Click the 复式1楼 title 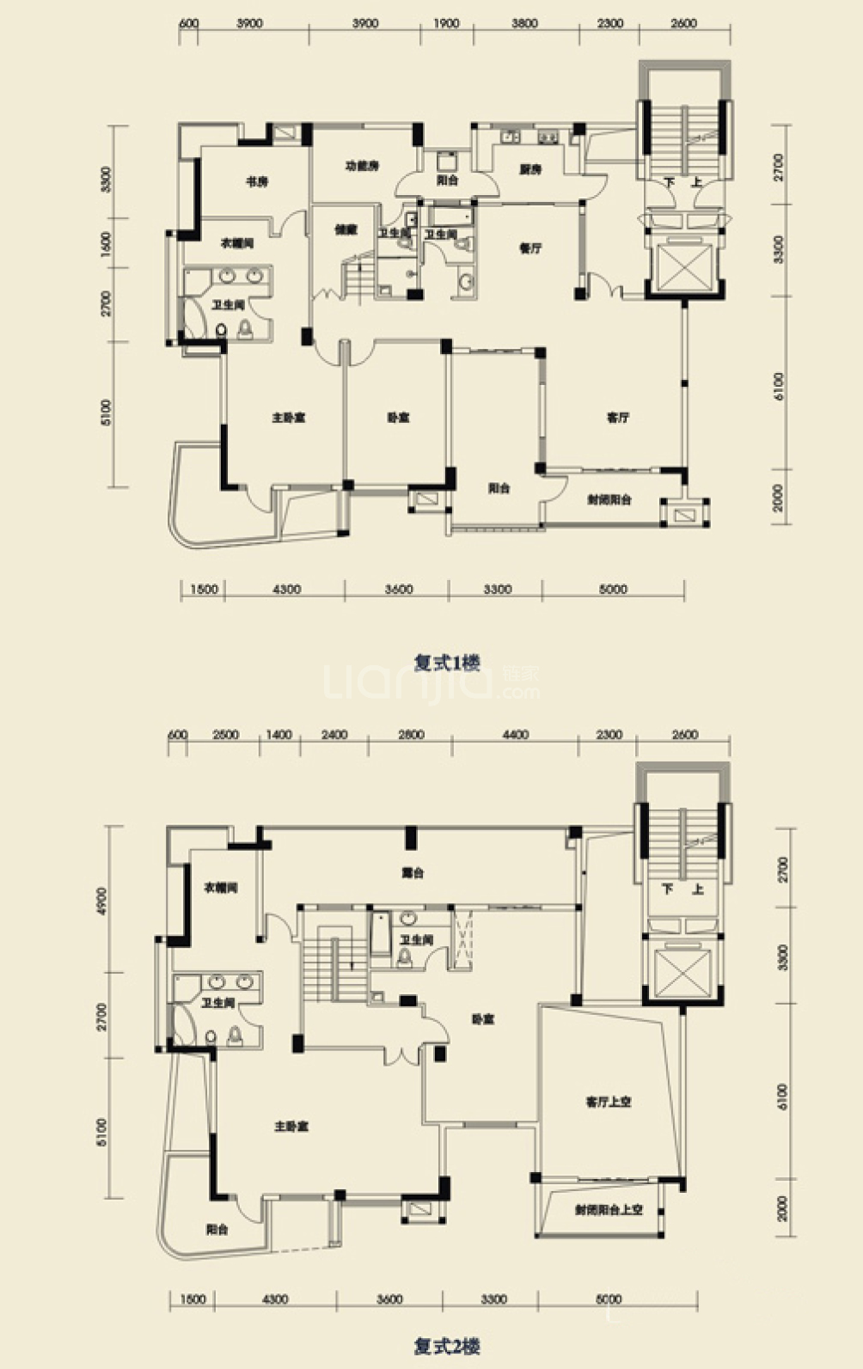click(447, 663)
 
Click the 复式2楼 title click(447, 1346)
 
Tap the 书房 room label click(257, 181)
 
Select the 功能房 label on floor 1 click(362, 166)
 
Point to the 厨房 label click(530, 170)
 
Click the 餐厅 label click(530, 248)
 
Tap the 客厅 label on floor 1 click(617, 418)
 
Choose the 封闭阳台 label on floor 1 click(609, 499)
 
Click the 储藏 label click(345, 229)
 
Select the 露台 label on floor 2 click(413, 873)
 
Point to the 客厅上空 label click(609, 1101)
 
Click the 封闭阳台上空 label click(609, 1209)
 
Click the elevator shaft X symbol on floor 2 click(682, 972)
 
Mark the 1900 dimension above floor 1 click(446, 24)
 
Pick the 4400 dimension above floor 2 click(516, 735)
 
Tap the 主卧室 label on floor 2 click(291, 1126)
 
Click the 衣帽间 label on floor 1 click(237, 244)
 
